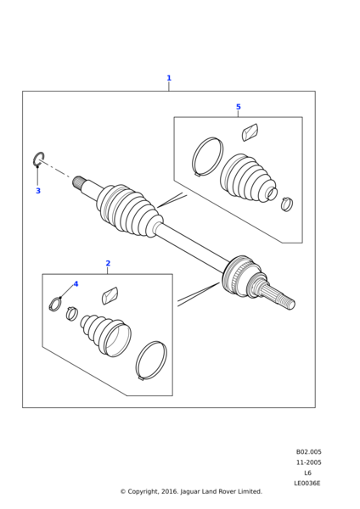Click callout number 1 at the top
click(x=169, y=78)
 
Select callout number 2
click(x=108, y=263)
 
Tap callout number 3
click(x=38, y=191)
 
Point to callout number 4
click(x=76, y=284)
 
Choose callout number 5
click(x=238, y=107)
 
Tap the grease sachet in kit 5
click(x=250, y=132)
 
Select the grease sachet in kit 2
click(x=110, y=296)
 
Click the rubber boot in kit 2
click(x=105, y=334)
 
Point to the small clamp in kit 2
click(x=72, y=313)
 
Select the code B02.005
click(x=308, y=452)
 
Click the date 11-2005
click(x=308, y=462)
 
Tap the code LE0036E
click(x=307, y=484)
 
